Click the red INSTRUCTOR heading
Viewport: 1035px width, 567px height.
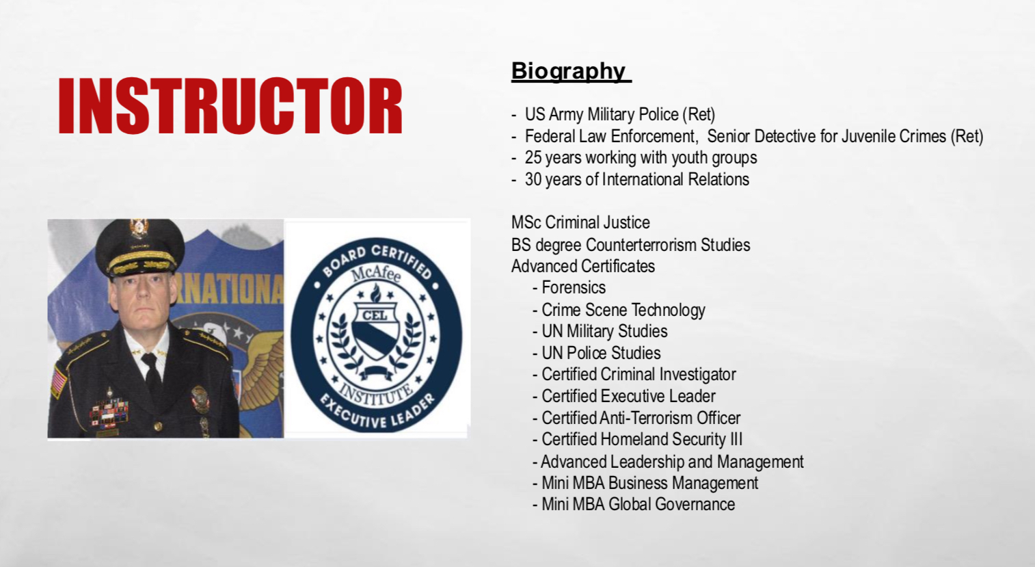tap(230, 105)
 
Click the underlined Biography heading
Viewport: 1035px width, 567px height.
tap(571, 72)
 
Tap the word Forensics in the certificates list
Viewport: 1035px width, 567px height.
tap(574, 288)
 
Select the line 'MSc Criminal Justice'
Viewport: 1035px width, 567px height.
tap(580, 222)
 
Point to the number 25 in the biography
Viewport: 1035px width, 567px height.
tap(533, 157)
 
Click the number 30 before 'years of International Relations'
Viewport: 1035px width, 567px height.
tap(533, 179)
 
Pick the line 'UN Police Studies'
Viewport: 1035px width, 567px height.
tap(601, 353)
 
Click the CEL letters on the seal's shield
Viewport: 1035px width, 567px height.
tap(375, 315)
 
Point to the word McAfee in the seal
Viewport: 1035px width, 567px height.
tap(377, 274)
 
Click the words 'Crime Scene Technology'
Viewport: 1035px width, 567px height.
tap(623, 310)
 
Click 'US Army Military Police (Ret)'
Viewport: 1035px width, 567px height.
tap(619, 115)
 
